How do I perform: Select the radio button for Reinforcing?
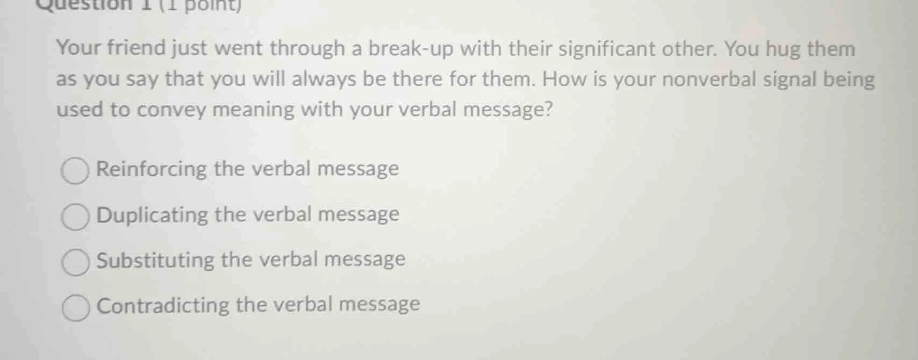tap(75, 171)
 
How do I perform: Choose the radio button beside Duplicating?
tap(75, 217)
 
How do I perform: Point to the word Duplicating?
tap(153, 215)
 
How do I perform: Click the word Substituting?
tap(155, 260)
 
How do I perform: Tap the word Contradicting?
tap(163, 305)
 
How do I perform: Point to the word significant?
tap(607, 49)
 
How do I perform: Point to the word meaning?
tap(253, 110)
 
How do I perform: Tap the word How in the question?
tap(561, 80)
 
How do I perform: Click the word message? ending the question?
tap(508, 110)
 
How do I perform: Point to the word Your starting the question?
tap(79, 48)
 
